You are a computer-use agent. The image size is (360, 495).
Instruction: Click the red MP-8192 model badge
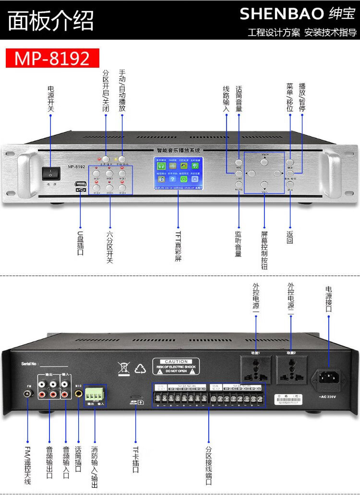coord(52,58)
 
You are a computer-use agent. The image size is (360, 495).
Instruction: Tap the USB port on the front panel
coord(80,186)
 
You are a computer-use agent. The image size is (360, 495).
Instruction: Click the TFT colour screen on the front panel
coord(178,174)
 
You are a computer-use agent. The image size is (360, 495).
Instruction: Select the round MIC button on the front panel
coord(239,163)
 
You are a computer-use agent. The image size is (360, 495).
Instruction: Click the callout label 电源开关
coord(50,99)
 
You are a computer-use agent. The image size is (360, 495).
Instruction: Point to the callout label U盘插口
coord(80,242)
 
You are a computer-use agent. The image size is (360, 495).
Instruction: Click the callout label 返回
coord(290,237)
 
